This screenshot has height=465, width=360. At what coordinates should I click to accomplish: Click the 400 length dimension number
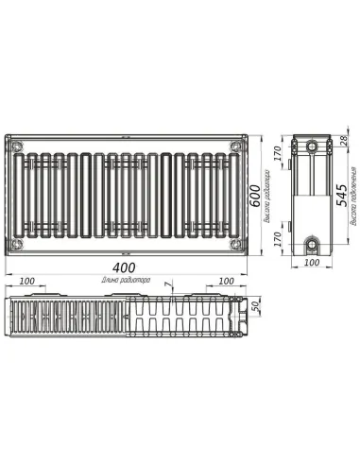[128, 268]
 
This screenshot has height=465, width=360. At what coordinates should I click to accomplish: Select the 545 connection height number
[341, 198]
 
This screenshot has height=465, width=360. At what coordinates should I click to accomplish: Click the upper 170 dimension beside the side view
[281, 155]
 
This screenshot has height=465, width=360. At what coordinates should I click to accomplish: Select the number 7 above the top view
[166, 284]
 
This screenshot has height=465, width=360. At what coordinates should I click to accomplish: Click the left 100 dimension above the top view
[26, 282]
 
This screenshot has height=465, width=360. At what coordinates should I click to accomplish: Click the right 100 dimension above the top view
[226, 282]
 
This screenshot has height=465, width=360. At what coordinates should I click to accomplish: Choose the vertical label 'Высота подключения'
[352, 198]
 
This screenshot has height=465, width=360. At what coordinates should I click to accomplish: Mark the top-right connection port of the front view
[234, 145]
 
